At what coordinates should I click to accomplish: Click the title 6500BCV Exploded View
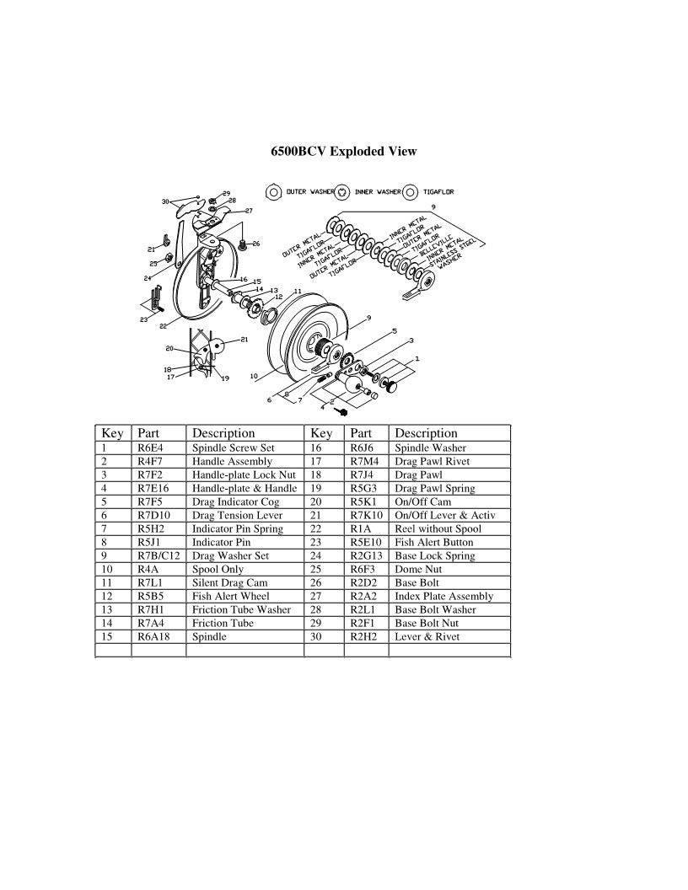343,152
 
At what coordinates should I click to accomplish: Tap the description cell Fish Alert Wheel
230,597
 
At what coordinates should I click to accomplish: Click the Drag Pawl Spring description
434,489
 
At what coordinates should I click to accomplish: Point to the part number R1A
359,529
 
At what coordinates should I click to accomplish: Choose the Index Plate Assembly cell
443,597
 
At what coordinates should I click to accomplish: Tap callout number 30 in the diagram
166,201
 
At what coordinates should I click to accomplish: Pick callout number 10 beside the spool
254,377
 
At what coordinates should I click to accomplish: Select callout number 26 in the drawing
255,244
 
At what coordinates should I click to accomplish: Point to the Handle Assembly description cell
232,462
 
